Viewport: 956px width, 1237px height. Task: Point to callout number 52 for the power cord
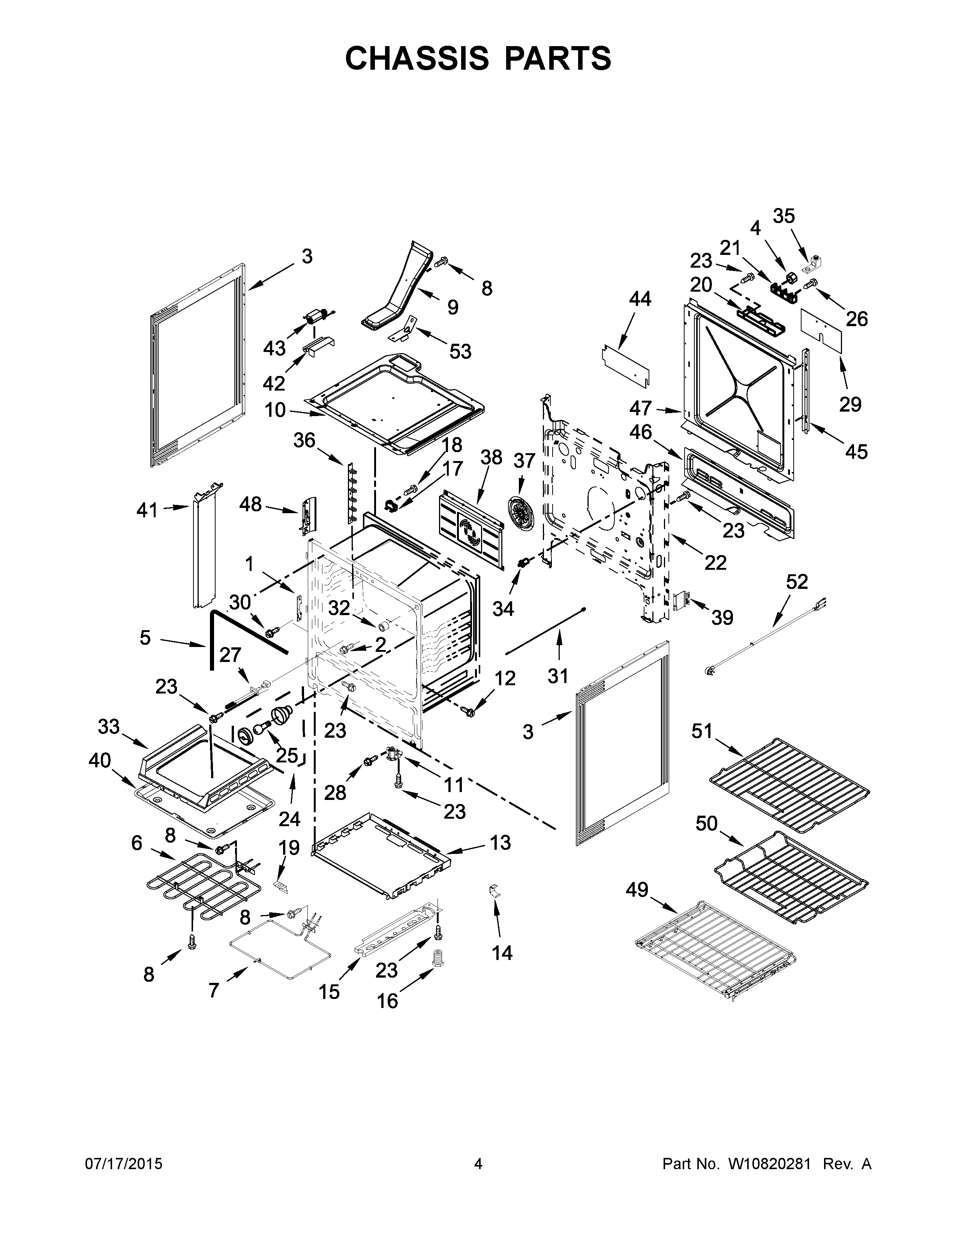[797, 582]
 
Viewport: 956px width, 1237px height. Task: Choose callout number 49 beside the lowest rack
[637, 890]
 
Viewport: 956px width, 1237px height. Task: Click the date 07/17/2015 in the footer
[123, 1164]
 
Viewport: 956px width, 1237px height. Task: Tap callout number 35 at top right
[784, 216]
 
